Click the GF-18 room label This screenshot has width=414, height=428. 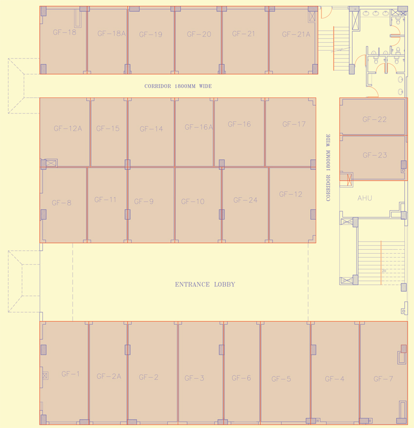coord(64,32)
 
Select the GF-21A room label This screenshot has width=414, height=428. coord(296,34)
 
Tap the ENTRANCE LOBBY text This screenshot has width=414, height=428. coord(205,284)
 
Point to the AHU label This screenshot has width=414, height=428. coord(365,198)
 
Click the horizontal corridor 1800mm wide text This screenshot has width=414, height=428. coord(178,86)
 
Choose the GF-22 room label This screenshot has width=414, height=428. coord(375,119)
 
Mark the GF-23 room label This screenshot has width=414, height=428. coord(375,155)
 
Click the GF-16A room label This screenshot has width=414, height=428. coord(199,127)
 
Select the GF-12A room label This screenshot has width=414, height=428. coord(68,129)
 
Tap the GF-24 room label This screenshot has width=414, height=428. coord(245,200)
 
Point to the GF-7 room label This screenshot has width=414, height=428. coord(383,379)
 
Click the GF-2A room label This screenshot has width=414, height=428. coord(109,376)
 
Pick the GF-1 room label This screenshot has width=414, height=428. coord(71,374)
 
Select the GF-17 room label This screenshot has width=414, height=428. coord(294,124)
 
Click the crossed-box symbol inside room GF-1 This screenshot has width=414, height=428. coord(45,375)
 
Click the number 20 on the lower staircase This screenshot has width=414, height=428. coord(384,271)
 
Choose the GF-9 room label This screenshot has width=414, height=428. coord(144,201)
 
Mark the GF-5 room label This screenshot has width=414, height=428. coord(281,378)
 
